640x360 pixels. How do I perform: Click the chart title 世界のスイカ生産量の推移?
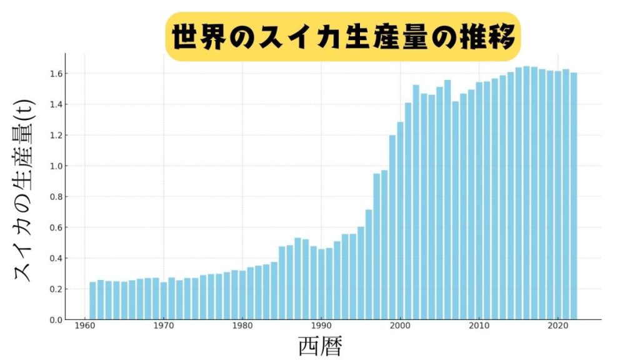tap(342, 37)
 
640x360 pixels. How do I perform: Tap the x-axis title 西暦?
tap(319, 346)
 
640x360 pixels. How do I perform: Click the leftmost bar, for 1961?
tap(92, 301)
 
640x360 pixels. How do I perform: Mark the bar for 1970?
tap(164, 301)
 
